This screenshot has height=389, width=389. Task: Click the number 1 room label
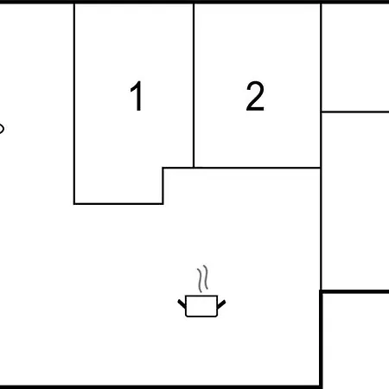pos(137,96)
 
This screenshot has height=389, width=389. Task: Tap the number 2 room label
pos(255,96)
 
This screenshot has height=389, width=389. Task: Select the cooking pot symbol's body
pos(201,306)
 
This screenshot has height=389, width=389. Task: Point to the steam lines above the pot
pos(202,278)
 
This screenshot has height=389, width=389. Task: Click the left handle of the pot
pos(182,304)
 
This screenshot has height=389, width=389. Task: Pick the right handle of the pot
pos(221,304)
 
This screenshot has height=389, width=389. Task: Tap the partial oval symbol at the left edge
pos(2,129)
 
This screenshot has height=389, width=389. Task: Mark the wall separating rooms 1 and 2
pos(194,86)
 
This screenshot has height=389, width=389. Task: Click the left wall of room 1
pos(74,104)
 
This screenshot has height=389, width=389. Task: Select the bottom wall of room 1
pos(118,204)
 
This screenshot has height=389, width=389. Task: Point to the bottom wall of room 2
pos(257,168)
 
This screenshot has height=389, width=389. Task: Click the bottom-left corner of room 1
pos(74,204)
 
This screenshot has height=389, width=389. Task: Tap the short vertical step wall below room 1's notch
pos(163,186)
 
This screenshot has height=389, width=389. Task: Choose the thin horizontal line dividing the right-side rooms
pos(355,112)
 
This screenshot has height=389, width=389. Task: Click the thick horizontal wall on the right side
pos(354,292)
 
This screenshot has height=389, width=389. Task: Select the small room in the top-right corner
pos(355,57)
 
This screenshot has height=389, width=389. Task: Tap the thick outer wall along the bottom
pos(160,386)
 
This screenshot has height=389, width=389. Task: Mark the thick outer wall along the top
pos(194,2)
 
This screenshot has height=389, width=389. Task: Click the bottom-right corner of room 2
pos(321,168)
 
